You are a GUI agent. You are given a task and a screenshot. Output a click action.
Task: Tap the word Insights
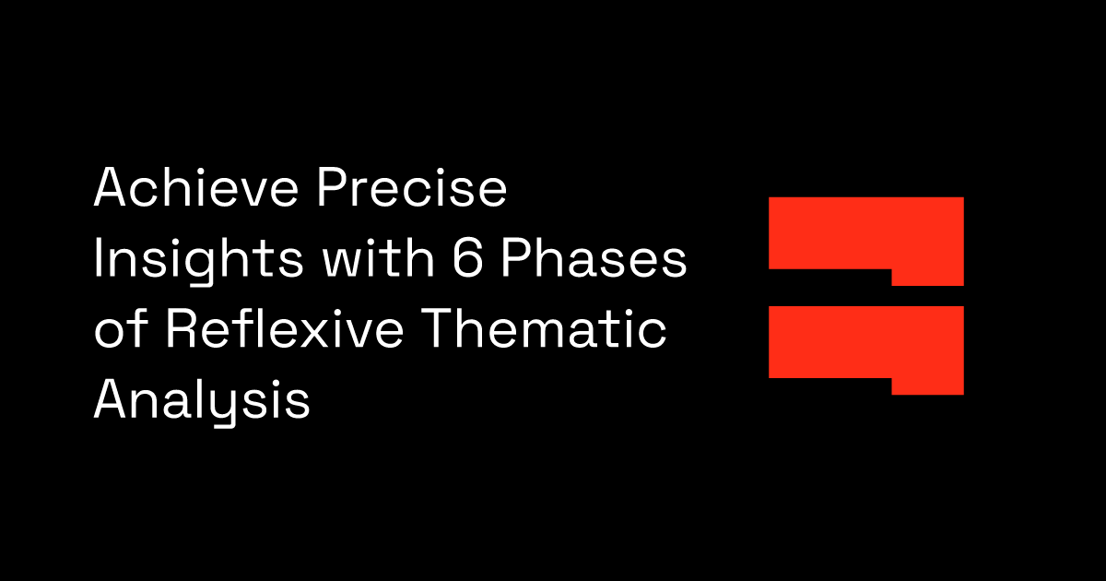click(x=198, y=261)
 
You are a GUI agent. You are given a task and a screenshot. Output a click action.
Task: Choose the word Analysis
click(x=202, y=404)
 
